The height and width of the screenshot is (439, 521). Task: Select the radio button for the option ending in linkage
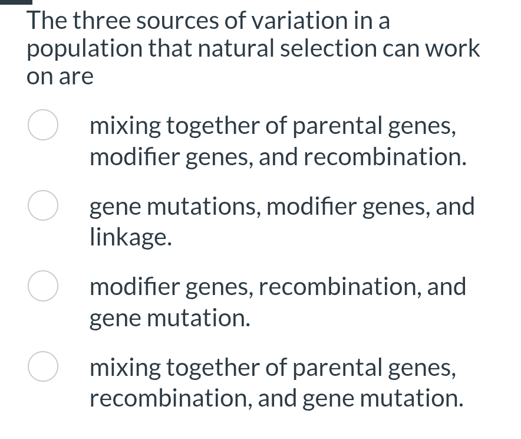43,207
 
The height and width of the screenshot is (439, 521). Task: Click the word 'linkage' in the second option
128,238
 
